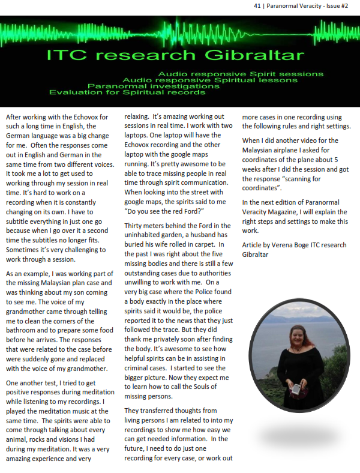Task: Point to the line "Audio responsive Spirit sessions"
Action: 232,73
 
